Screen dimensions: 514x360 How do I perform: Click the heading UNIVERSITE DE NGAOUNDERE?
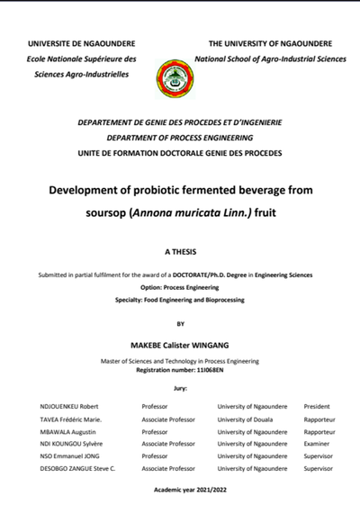(x=82, y=43)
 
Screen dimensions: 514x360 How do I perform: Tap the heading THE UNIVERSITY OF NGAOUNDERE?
(x=269, y=43)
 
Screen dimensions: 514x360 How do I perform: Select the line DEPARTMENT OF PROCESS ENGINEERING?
(x=179, y=139)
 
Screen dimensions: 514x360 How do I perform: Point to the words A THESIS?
(x=180, y=253)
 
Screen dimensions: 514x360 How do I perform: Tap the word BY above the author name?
(x=180, y=323)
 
